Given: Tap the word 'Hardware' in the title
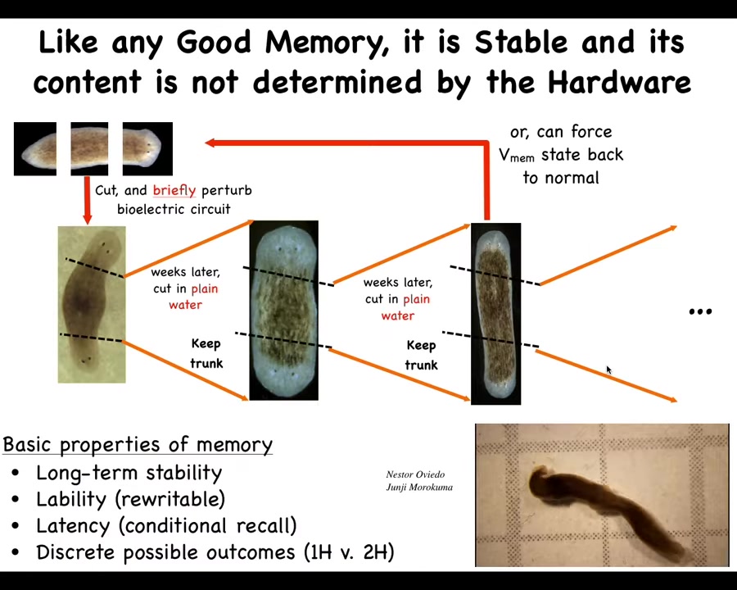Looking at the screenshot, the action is click(620, 82).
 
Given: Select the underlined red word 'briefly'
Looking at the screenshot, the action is click(174, 191).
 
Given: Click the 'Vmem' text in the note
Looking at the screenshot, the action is click(517, 155).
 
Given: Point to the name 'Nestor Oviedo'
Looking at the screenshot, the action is click(415, 474).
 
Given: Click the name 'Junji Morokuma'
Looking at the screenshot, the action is click(419, 487).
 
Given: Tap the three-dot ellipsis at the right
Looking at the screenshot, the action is click(700, 311).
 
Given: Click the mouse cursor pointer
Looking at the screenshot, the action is click(608, 370).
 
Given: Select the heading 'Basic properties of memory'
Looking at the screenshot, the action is click(138, 445).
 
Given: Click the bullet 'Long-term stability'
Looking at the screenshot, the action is click(129, 473).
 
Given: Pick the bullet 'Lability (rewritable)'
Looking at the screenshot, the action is click(131, 499).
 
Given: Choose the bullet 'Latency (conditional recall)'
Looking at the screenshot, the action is click(166, 525).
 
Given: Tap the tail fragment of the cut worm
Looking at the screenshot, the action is click(35, 149).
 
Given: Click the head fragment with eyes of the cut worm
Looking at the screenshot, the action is click(147, 149).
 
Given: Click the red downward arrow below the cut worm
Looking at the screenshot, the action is click(87, 200).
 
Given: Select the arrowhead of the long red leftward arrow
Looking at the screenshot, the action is click(210, 143).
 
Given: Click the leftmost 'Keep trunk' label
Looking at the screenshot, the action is click(206, 353).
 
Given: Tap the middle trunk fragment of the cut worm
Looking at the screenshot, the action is click(89, 149).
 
